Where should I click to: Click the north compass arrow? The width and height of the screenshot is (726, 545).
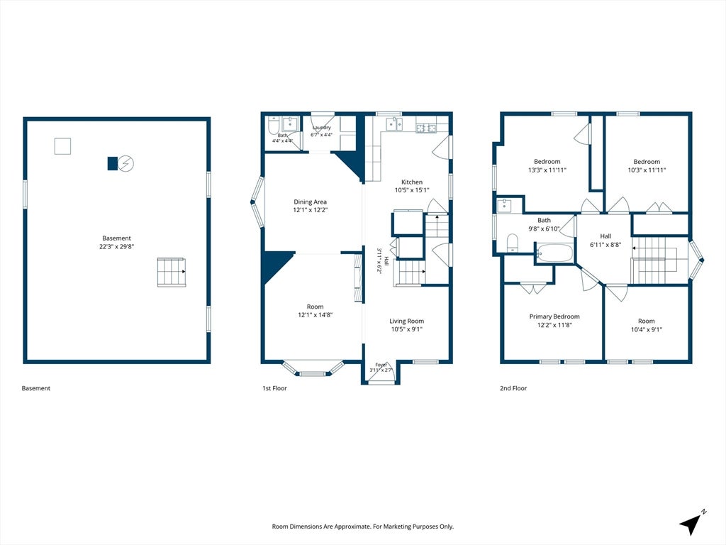[x=691, y=524]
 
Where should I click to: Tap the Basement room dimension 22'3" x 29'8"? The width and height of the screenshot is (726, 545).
[x=117, y=246]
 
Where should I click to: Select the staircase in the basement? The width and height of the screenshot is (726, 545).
[x=172, y=272]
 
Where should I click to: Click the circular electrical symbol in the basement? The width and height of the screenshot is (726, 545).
[x=126, y=163]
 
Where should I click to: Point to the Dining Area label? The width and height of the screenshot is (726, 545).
[x=311, y=202]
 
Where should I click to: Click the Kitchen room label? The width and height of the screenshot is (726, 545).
[x=412, y=182]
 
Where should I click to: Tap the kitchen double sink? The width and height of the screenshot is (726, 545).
[x=394, y=124]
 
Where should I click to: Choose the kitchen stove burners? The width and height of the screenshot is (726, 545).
[x=425, y=128]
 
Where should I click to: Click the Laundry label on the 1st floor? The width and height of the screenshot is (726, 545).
[x=321, y=128]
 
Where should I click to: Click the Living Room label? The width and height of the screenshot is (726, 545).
[x=406, y=321]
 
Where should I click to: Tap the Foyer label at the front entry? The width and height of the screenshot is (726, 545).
[x=381, y=365]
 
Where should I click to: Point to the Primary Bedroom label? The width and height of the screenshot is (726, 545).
[x=554, y=316]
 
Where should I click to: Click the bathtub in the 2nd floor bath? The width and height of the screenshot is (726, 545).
[x=554, y=253]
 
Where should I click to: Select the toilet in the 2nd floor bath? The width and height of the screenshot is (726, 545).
[x=512, y=243]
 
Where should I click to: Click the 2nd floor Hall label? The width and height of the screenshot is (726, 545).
[x=605, y=236]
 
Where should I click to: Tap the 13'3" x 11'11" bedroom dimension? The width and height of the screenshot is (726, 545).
[x=547, y=170]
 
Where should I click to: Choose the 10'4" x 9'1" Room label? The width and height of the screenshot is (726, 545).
[x=647, y=321]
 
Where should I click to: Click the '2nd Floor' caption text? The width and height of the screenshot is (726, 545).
[x=513, y=388]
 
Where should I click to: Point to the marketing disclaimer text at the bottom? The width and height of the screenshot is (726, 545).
[x=362, y=527]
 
